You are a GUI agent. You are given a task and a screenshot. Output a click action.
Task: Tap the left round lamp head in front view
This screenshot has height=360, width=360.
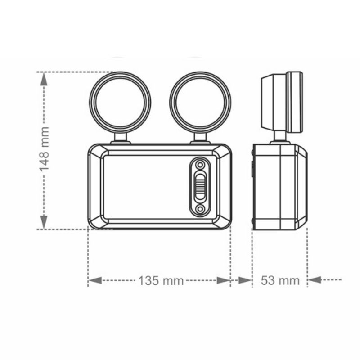(120, 103)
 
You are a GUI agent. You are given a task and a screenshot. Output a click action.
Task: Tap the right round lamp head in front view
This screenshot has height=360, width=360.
(200, 103)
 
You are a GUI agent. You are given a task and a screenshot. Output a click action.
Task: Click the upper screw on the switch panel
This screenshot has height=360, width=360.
(200, 164)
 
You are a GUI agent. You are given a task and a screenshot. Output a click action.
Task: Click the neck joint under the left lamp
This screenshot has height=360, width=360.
(120, 138)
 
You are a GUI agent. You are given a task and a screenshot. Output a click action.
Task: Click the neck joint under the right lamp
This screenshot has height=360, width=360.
(200, 138)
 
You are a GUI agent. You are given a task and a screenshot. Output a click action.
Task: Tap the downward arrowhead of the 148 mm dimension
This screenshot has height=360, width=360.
(44, 221)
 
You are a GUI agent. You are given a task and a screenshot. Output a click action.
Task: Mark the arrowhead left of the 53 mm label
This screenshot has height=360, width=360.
(245, 280)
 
